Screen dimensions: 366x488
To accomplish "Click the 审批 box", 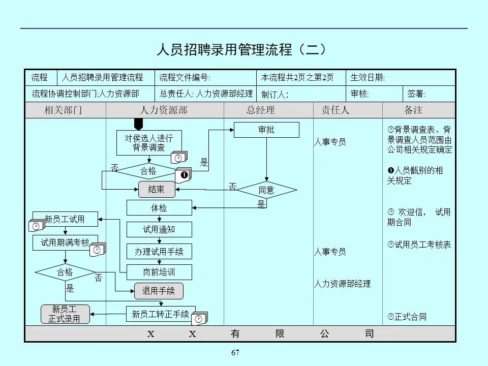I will click(266, 130).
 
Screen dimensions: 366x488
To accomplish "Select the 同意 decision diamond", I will click(266, 190).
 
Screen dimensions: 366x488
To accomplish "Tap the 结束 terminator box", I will click(157, 190).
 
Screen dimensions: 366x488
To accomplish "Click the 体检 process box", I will click(159, 207).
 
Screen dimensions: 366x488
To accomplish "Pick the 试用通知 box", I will click(159, 229).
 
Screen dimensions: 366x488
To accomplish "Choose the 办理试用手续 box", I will click(159, 251).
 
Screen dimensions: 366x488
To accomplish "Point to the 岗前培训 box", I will click(159, 272).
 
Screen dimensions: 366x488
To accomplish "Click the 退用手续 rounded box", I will click(159, 291).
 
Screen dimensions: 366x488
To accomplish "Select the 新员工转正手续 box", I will click(161, 314).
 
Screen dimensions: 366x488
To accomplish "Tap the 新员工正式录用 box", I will click(65, 314).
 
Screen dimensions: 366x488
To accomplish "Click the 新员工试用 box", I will click(65, 219).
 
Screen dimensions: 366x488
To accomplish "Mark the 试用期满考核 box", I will click(65, 242).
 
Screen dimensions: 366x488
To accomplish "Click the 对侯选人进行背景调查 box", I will click(149, 143).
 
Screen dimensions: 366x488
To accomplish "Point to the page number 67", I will click(235, 353).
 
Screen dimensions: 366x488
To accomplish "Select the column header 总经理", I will click(261, 110).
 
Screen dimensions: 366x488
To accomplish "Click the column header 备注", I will click(413, 110).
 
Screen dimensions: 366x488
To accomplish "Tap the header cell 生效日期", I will click(368, 78).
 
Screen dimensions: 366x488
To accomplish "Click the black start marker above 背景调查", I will click(139, 124).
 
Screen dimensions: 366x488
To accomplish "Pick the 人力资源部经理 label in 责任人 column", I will click(342, 284).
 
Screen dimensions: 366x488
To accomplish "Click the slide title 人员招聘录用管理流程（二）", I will click(241, 50).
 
